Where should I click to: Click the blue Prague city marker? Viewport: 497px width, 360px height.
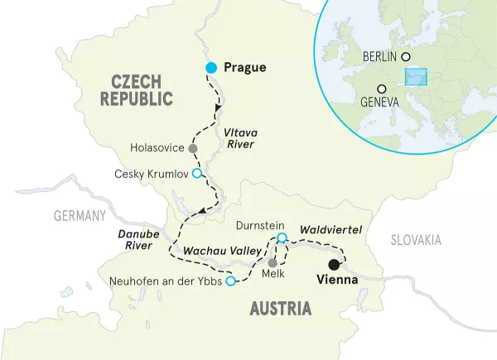coord(211,68)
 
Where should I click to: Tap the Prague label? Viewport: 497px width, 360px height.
coord(245,68)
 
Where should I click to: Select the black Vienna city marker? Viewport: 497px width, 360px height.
coord(333,265)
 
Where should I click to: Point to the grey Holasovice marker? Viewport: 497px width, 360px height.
coord(193,148)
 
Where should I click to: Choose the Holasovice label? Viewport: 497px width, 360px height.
coord(157,148)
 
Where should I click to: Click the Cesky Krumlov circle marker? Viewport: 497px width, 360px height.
coord(196,173)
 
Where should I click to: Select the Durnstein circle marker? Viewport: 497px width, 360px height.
coord(282,238)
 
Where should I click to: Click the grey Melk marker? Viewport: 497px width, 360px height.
coord(273,262)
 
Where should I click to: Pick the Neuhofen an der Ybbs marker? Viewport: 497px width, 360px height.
coord(230,281)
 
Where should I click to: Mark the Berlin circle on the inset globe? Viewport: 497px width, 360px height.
coord(406,56)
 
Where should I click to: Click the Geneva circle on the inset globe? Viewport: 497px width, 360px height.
coord(381,89)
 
